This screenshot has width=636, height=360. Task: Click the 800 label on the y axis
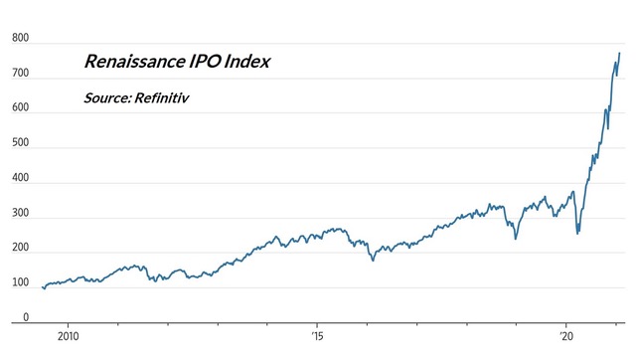[x=20, y=38]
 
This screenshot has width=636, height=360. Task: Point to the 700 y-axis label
[x=20, y=73]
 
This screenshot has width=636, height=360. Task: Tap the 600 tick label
[x=20, y=107]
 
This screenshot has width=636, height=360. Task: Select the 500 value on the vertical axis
[x=20, y=143]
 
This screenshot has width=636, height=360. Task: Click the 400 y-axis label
[x=20, y=178]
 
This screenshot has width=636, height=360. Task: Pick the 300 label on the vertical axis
[x=20, y=213]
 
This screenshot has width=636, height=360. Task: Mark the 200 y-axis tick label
[x=20, y=248]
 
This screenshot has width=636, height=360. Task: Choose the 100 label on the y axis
[x=20, y=282]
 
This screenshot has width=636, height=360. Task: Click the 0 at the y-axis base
[x=26, y=317]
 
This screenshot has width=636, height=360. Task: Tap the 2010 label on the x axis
[x=69, y=336]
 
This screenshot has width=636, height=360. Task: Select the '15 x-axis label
[x=318, y=336]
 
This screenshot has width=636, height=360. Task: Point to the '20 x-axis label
[x=566, y=336]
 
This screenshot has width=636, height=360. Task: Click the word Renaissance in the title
[x=135, y=62]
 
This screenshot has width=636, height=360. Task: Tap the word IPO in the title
[x=205, y=62]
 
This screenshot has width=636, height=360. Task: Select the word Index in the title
[x=247, y=62]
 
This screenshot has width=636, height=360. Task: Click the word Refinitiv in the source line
[x=161, y=97]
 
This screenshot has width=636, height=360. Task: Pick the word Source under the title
[x=107, y=97]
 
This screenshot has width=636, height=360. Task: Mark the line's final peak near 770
[x=619, y=53]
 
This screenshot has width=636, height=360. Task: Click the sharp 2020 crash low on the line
[x=577, y=234]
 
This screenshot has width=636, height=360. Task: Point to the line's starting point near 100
[x=42, y=287]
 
